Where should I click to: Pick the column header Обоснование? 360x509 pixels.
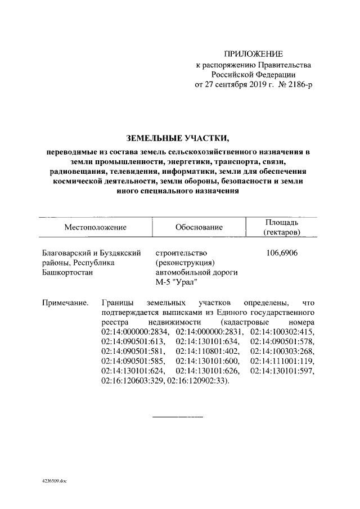pyautogui.click(x=199, y=227)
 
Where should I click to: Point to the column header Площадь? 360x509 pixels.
pyautogui.click(x=282, y=222)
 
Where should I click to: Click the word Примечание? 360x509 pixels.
pyautogui.click(x=66, y=303)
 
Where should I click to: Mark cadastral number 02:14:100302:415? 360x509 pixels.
pyautogui.click(x=283, y=334)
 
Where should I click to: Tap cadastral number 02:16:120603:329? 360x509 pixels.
pyautogui.click(x=134, y=381)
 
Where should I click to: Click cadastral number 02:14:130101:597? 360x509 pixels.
pyautogui.click(x=283, y=371)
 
